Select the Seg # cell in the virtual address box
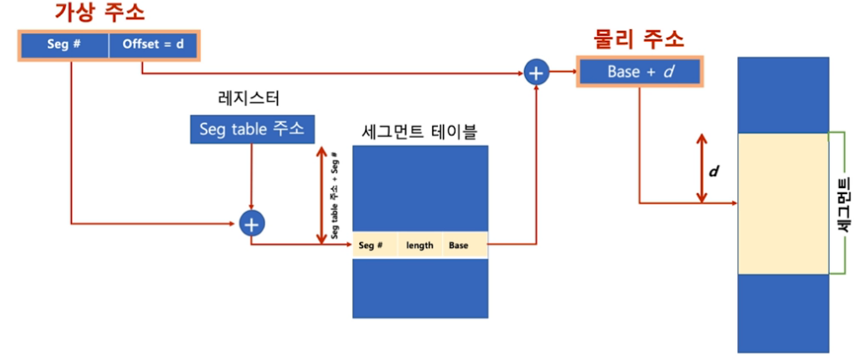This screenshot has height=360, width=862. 64,44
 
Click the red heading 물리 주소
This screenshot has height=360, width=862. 639,39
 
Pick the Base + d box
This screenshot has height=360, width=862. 639,73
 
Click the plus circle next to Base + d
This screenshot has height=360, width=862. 536,73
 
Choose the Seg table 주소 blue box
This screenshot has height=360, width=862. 250,129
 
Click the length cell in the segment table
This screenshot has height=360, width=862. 420,245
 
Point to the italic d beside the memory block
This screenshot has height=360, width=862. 714,171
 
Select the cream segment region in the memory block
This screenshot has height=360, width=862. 782,204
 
